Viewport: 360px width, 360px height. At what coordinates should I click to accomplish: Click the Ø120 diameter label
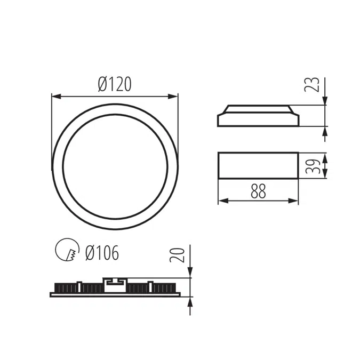(x=115, y=84)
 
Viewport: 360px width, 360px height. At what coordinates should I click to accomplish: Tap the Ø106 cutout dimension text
(x=102, y=252)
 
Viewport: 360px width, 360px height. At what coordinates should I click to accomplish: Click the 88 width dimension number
(x=258, y=191)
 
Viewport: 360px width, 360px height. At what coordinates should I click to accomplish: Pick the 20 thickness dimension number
(x=180, y=254)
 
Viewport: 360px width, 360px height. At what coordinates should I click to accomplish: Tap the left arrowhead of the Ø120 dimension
(x=55, y=97)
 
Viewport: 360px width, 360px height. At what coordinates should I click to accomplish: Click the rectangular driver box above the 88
(x=258, y=165)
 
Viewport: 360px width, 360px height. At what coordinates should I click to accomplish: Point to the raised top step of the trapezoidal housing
(x=258, y=108)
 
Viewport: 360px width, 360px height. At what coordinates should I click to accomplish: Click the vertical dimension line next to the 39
(x=325, y=165)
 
